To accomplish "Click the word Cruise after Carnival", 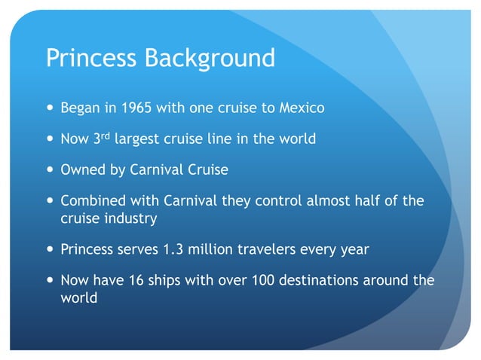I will click(x=203, y=169).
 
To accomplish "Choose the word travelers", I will click(x=261, y=249).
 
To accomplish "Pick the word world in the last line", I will click(x=78, y=297).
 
